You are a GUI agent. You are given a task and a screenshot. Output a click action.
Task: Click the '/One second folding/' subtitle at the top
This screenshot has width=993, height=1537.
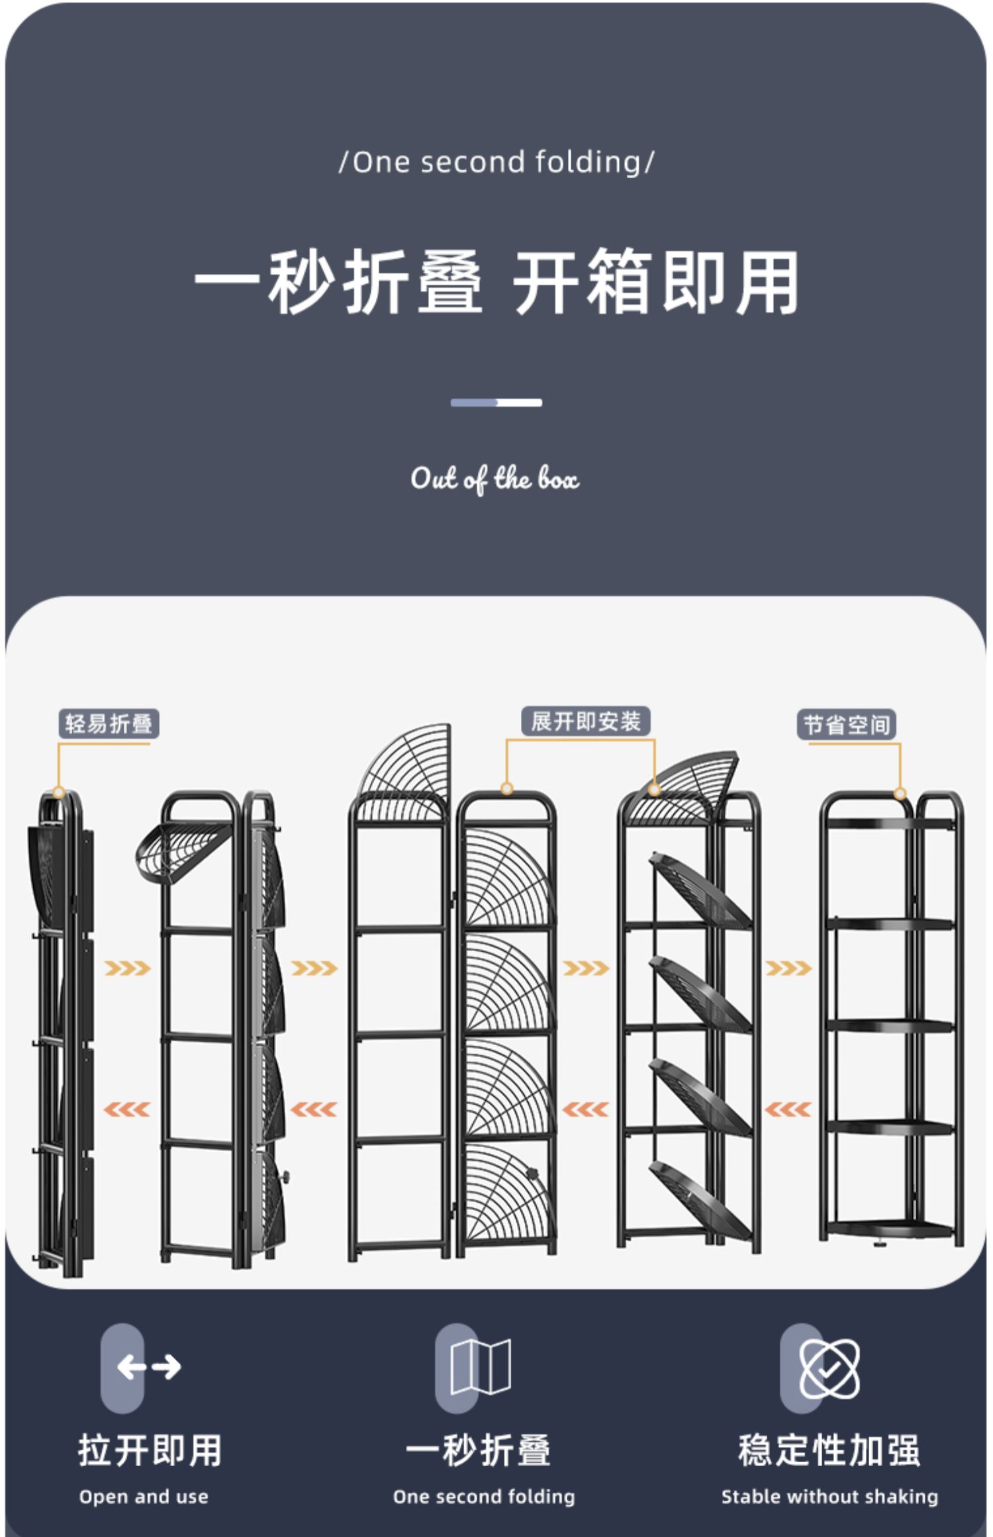[496, 162]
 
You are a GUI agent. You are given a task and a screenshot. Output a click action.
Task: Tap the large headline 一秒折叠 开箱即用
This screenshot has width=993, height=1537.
[496, 283]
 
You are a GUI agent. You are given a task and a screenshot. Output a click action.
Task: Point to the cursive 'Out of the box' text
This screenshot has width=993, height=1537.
[495, 479]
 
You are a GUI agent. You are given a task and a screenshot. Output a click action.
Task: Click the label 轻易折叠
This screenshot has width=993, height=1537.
[109, 723]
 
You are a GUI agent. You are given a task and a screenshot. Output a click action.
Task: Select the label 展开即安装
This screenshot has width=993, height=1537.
[585, 721]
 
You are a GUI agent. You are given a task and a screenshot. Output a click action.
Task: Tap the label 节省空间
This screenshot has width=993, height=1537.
[846, 725]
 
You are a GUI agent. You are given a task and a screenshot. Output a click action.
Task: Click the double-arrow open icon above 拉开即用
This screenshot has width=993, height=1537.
[149, 1367]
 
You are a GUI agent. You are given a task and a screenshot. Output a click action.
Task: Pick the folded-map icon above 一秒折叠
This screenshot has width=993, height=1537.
[480, 1367]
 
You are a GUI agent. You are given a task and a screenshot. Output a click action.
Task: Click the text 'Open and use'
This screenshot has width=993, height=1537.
[144, 1497]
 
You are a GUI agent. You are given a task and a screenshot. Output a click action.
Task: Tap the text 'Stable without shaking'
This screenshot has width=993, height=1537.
[829, 1497]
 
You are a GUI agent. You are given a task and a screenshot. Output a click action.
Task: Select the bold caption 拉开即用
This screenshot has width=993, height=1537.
[150, 1450]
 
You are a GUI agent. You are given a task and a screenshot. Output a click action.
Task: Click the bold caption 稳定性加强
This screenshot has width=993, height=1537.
[829, 1450]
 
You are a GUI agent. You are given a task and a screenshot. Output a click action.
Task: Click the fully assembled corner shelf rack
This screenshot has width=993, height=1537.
[891, 1019]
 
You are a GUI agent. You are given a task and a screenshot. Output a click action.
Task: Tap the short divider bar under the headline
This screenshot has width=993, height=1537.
[496, 402]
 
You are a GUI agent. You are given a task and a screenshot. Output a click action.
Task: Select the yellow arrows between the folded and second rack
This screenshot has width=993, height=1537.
[127, 968]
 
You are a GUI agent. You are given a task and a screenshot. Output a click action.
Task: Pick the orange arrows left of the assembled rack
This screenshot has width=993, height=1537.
[788, 1109]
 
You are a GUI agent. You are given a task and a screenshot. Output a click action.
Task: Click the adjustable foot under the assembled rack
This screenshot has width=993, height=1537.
[880, 1244]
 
